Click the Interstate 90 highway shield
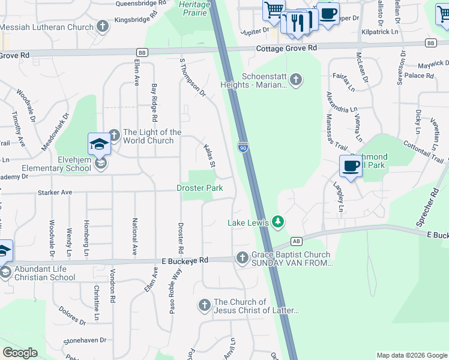coord(242,148)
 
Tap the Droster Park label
coord(200,188)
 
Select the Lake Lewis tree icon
coord(277,223)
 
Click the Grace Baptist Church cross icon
coord(243,258)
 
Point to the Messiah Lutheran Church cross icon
coord(103,26)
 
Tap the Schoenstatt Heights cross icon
coord(295,79)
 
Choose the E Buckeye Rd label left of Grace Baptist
coord(184,260)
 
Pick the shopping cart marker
coord(274,11)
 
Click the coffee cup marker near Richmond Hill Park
coord(351,166)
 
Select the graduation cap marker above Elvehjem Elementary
coord(100,144)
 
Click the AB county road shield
coord(296,241)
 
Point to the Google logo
coord(20,353)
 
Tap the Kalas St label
coord(209,155)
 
